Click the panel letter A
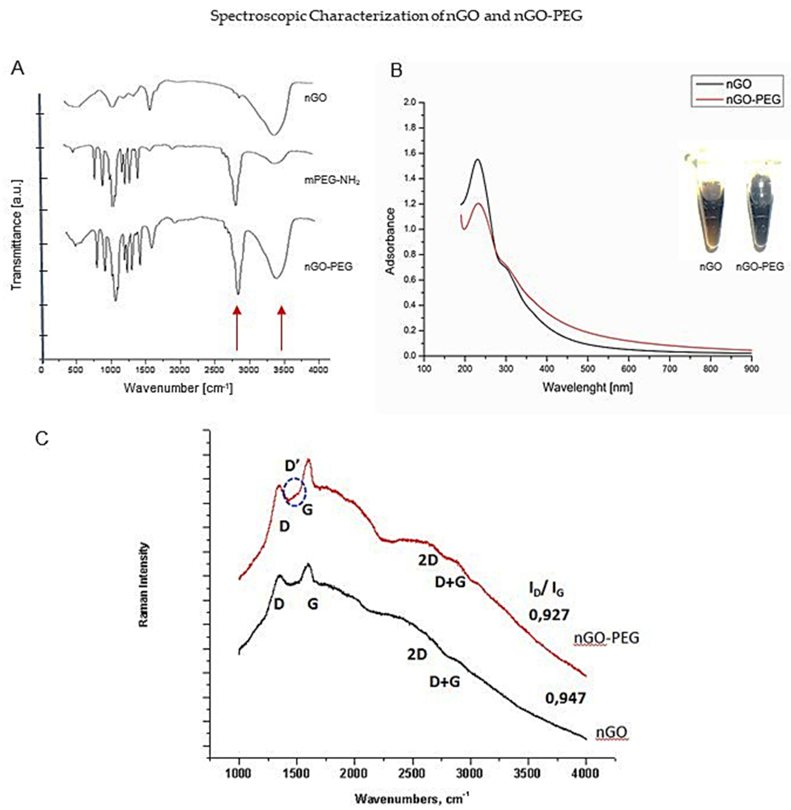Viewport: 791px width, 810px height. [18, 68]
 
